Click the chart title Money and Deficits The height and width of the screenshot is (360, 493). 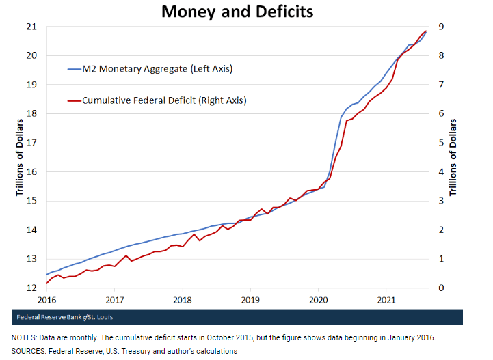tap(237, 12)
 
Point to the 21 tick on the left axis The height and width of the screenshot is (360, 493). tap(31, 27)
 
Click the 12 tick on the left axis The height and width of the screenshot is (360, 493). tap(31, 288)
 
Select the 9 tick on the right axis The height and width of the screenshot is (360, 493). tap(442, 27)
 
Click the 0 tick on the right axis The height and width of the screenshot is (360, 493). tap(442, 288)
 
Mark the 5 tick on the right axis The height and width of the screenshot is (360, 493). tap(442, 143)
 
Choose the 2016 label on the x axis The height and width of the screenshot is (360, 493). tap(46, 300)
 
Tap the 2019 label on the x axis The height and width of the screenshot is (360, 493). tap(251, 300)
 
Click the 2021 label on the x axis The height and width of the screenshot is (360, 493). tap(387, 300)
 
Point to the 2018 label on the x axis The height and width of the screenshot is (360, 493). tap(183, 300)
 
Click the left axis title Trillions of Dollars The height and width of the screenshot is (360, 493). tap(20, 157)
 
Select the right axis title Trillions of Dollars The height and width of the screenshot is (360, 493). tap(453, 157)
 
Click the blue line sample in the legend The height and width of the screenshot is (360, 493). tap(74, 69)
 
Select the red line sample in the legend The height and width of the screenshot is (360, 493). tap(74, 101)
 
